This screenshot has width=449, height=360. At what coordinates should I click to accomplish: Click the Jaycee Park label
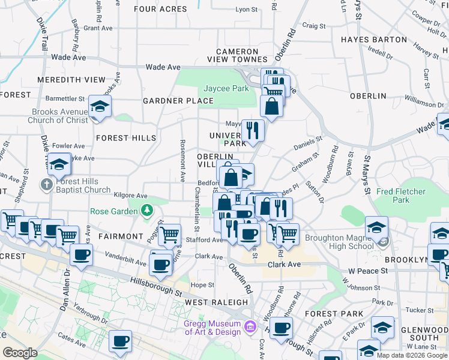[226, 88]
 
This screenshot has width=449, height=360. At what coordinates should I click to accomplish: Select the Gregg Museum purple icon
[250, 328]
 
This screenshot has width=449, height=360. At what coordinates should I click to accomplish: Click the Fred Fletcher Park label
[401, 196]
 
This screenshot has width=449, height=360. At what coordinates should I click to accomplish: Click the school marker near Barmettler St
[100, 107]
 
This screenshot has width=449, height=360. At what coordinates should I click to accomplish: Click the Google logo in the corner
[20, 353]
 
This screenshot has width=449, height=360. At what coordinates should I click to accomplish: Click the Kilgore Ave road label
[130, 196]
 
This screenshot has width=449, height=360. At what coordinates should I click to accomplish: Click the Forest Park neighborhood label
[334, 314]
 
